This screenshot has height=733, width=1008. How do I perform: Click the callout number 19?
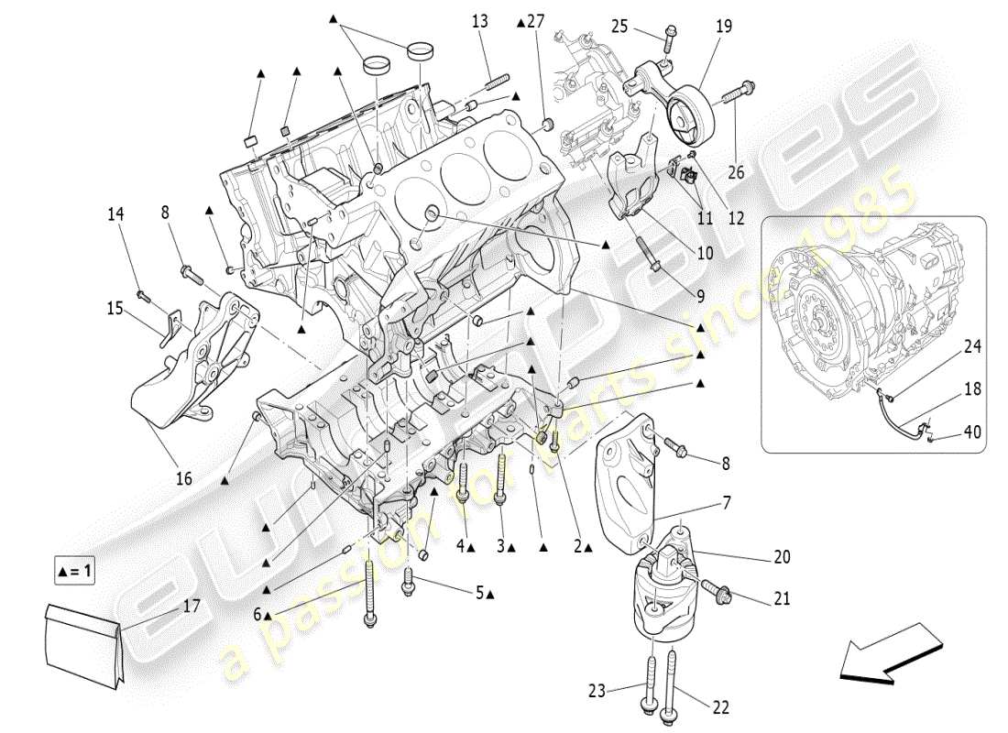tap(724, 27)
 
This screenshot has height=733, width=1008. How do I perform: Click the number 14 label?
tap(115, 214)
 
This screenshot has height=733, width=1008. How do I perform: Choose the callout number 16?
tap(184, 477)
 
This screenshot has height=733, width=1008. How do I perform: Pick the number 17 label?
tap(191, 605)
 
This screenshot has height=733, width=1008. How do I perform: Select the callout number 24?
tap(972, 347)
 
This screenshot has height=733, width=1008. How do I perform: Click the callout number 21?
tap(781, 599)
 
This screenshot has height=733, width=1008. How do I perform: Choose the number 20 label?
tap(781, 556)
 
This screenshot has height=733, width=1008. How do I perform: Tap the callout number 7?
tap(726, 503)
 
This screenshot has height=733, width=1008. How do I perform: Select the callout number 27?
tap(536, 21)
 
